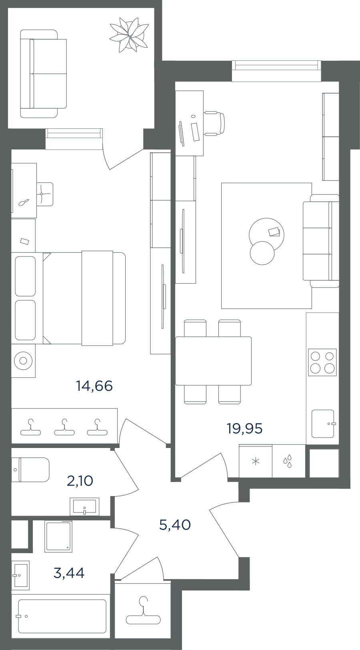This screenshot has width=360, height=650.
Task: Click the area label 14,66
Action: coord(94,386)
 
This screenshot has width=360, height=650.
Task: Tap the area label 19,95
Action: coord(244,428)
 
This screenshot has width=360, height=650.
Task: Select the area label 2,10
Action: coord(80,481)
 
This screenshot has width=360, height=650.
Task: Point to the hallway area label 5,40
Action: coord(175,525)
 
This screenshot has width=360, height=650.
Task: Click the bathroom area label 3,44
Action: coord(69,573)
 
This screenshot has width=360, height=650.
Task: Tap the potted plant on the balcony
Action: coord(129,34)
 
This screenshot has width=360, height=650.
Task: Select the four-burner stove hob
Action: coord(322,362)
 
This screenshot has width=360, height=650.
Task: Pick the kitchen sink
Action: coord(323,424)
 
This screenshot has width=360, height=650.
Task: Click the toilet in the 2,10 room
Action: coord(30,470)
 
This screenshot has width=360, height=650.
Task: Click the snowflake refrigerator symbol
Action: coord(256,462)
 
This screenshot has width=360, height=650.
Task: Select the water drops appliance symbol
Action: coord(288,461)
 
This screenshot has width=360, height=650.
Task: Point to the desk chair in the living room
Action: coord(215,123)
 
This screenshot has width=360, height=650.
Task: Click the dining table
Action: coord(213,361)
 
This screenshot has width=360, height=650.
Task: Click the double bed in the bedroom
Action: coord(84,298)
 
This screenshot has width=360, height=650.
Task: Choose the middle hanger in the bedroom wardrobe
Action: coord(64,427)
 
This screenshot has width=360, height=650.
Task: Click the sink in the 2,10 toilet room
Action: coord(84,507)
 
